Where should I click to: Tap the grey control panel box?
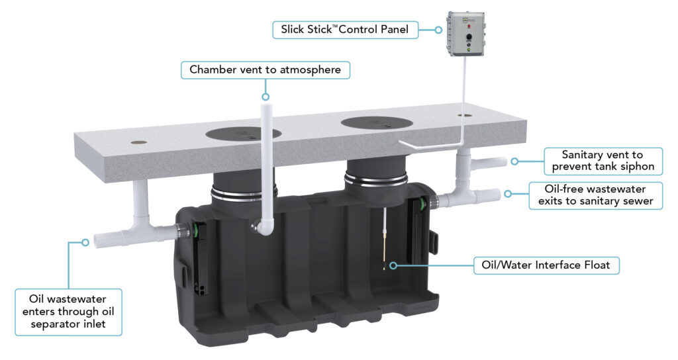[467, 34]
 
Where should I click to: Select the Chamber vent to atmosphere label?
[266, 69]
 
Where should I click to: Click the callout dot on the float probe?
[393, 266]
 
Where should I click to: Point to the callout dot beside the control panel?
[438, 30]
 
